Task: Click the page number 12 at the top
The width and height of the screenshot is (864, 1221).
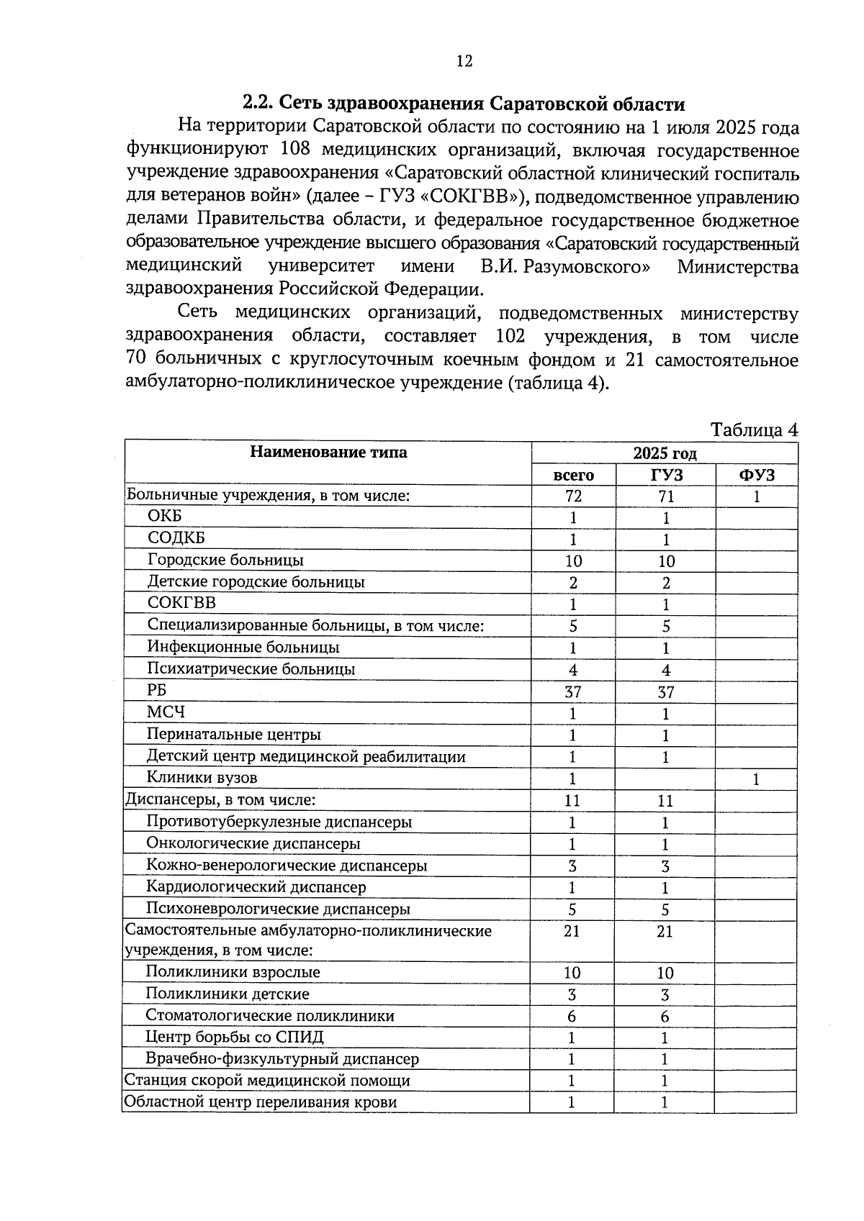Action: click(464, 61)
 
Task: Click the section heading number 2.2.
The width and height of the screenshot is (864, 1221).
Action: click(258, 103)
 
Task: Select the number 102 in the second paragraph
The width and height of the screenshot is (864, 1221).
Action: click(510, 336)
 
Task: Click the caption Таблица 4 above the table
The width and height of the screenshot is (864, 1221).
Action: click(754, 430)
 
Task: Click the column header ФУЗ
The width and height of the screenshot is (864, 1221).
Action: click(757, 475)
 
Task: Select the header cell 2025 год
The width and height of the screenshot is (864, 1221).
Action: click(664, 453)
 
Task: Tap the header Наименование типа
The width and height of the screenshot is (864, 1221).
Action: click(328, 452)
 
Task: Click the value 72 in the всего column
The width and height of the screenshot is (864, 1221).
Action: click(573, 496)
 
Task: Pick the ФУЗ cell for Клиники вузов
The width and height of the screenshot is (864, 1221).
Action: click(756, 779)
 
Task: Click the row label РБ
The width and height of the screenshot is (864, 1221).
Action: click(156, 689)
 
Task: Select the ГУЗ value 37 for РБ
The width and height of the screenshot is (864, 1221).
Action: click(665, 692)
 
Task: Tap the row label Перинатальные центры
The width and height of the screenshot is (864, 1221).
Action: click(233, 735)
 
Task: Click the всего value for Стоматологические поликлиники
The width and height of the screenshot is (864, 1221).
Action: click(572, 1017)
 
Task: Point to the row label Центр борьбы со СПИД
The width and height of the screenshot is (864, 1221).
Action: click(234, 1037)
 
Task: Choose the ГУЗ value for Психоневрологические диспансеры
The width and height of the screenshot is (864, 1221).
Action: click(665, 909)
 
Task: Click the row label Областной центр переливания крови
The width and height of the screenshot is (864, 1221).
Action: click(260, 1102)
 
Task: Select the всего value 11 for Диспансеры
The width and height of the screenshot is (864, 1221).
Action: click(572, 800)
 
